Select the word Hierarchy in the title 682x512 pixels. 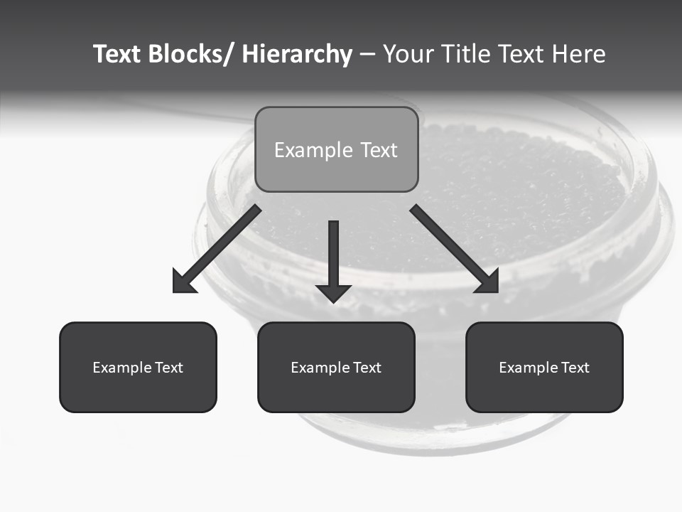[x=297, y=54]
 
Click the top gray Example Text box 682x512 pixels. [x=336, y=149]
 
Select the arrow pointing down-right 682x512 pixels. [x=451, y=245]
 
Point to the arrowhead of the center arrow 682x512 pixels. [x=334, y=292]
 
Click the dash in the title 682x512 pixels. [x=367, y=55]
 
